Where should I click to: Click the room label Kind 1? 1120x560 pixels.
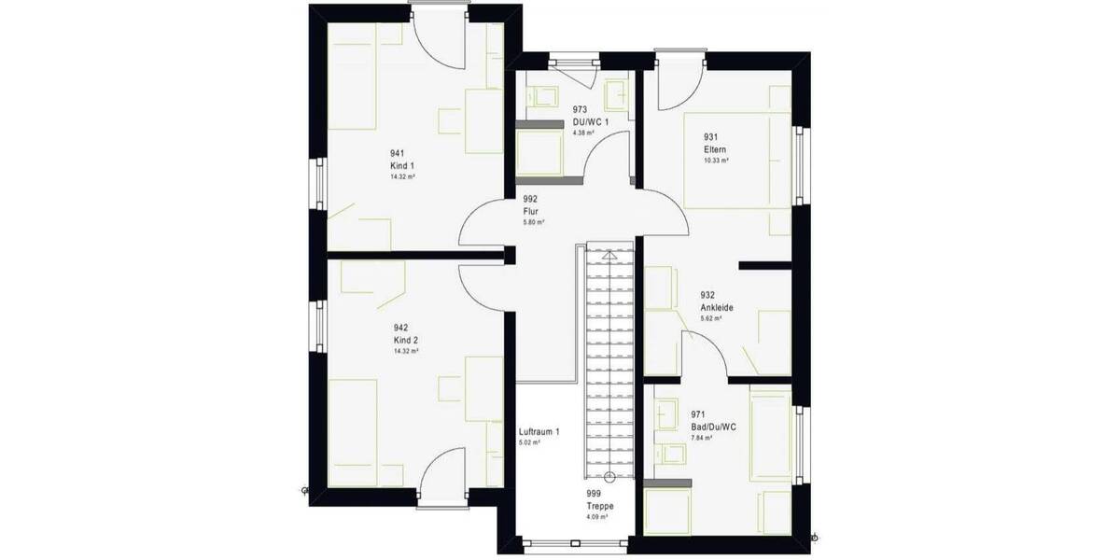click(x=401, y=165)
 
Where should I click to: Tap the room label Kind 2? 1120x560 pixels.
click(x=401, y=340)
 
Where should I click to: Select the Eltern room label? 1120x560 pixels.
click(x=715, y=149)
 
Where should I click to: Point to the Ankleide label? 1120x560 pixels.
click(x=717, y=306)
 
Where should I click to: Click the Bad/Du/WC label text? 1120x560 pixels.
click(x=714, y=426)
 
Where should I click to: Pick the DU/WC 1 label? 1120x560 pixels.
click(x=591, y=121)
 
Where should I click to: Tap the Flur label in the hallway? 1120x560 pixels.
click(x=531, y=211)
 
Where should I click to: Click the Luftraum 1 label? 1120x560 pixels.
click(x=539, y=431)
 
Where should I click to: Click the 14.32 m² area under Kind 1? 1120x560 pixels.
click(x=403, y=176)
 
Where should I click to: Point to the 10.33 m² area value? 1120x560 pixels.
click(x=716, y=161)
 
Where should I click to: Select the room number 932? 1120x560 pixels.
click(x=707, y=295)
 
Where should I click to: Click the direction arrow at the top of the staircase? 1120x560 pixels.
click(x=609, y=253)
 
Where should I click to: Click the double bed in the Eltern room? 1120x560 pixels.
click(x=736, y=159)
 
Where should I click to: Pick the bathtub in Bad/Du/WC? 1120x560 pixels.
click(x=771, y=437)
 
